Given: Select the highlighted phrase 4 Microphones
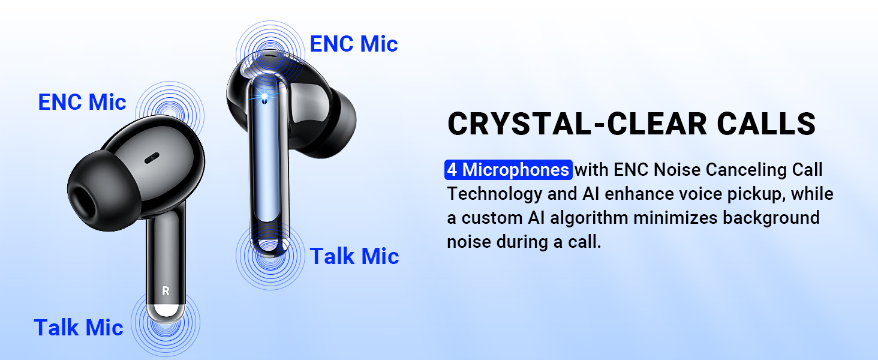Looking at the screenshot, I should (x=508, y=170).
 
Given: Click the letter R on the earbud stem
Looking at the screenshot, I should (x=166, y=291).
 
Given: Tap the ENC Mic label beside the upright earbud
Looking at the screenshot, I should (x=353, y=44).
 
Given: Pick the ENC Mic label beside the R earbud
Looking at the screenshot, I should (x=82, y=102).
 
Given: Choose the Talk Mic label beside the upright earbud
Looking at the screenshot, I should (x=354, y=256).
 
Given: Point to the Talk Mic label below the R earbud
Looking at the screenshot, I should (x=78, y=328).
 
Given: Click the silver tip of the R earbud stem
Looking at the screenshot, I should (x=166, y=310).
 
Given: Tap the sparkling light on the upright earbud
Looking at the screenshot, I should (x=262, y=96).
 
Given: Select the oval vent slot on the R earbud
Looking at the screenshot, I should (x=152, y=158).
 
